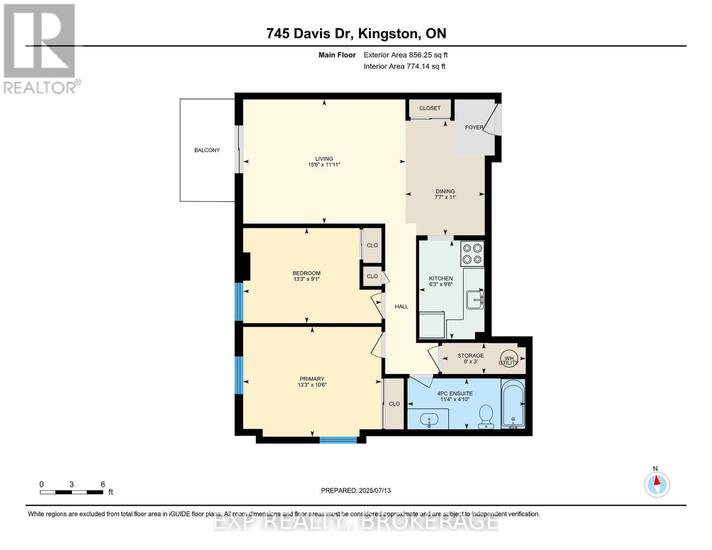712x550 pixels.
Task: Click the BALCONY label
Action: pos(207,150)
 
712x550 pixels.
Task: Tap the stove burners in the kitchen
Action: pos(472,254)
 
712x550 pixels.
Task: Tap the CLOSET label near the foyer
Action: pos(430,108)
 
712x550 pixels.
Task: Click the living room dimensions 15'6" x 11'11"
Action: pos(324,165)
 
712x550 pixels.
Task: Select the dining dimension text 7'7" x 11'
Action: pos(445,197)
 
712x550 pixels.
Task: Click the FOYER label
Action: pos(474,127)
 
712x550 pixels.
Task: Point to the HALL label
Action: pos(401,307)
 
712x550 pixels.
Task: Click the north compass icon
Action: pos(657,484)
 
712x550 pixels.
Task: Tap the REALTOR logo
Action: pos(40,48)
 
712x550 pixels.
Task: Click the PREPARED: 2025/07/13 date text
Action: pos(356,490)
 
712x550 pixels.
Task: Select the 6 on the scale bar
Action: pos(103,484)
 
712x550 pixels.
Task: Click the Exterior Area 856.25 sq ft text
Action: pos(405,55)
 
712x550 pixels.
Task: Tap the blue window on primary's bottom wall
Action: pos(338,440)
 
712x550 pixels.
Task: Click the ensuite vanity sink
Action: pos(429,419)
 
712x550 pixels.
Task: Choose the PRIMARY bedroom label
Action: pos(312,379)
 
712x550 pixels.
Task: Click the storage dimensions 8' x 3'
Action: pos(470,362)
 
